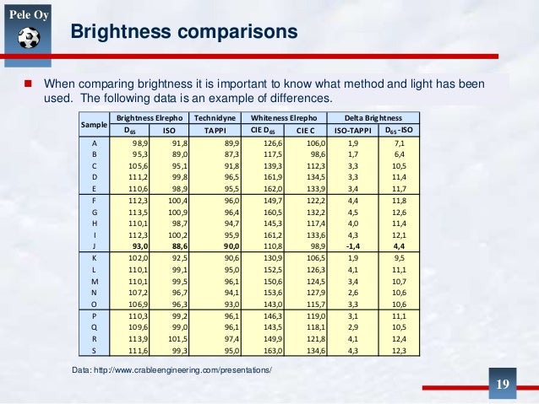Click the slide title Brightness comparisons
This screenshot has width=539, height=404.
[183, 33]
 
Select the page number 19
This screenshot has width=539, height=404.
[503, 385]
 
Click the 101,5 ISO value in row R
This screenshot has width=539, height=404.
[175, 338]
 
